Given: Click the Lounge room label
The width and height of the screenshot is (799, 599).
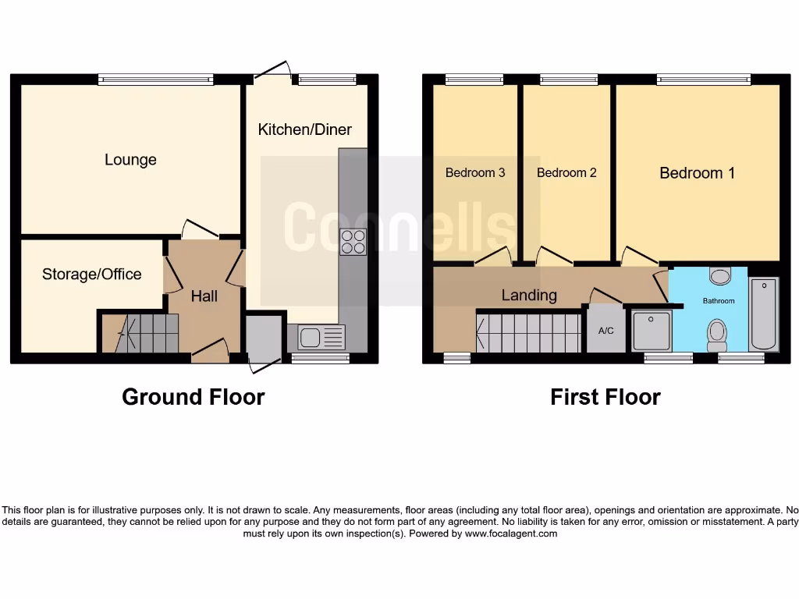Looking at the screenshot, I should (x=130, y=160).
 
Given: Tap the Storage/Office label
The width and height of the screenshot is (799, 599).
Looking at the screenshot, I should (x=91, y=274).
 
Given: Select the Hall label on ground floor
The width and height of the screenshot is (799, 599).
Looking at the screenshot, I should (x=204, y=296).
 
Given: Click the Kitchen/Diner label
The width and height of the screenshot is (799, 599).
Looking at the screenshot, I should (x=304, y=129).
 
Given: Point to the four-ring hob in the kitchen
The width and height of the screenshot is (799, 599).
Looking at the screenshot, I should (x=353, y=241).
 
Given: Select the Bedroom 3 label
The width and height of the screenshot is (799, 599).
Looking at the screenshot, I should (x=475, y=173).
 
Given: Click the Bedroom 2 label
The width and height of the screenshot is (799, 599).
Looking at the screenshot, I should (x=566, y=173).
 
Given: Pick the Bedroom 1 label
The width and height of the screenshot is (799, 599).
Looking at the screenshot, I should (x=697, y=173).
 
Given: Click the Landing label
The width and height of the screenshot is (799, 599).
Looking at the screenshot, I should (x=529, y=295).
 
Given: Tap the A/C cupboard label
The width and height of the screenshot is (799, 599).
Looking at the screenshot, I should (x=605, y=331).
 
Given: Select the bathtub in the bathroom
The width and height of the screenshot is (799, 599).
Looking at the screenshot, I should (x=763, y=314).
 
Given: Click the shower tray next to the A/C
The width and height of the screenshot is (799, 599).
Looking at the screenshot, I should (x=650, y=331).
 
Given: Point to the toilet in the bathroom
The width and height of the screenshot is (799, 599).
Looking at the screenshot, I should (x=716, y=335).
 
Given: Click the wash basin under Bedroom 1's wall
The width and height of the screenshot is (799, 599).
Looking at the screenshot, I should (x=719, y=275).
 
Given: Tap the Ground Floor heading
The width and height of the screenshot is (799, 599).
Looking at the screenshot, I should (x=193, y=397).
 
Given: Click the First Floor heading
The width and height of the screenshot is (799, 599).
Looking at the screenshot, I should (x=605, y=397).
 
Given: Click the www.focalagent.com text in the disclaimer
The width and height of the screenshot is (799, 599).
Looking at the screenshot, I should (x=511, y=534).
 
